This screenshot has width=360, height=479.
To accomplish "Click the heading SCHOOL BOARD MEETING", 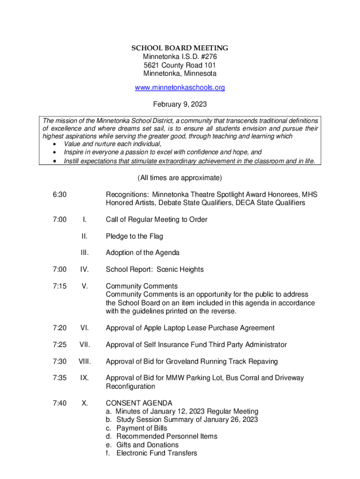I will point(180,48).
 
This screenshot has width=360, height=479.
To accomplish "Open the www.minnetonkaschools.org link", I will point(180,87).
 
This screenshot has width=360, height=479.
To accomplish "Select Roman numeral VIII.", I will point(84,361).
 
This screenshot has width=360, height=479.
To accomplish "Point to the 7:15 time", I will point(59,286).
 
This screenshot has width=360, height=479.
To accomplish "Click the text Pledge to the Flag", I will point(134,236).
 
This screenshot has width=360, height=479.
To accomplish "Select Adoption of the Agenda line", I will point(142,253).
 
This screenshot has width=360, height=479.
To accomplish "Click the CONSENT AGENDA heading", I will point(139,403).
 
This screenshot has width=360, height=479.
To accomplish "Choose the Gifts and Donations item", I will point(147,445).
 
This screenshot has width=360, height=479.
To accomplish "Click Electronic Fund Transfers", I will point(157,453).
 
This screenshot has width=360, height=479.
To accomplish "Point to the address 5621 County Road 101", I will point(180,65).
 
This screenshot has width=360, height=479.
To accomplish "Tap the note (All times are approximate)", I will point(180,178).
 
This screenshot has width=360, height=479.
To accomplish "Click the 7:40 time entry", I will point(59,403).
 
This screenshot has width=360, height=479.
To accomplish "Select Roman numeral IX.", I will point(84,377).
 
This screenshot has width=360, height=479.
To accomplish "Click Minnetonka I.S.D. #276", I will point(180,57).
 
